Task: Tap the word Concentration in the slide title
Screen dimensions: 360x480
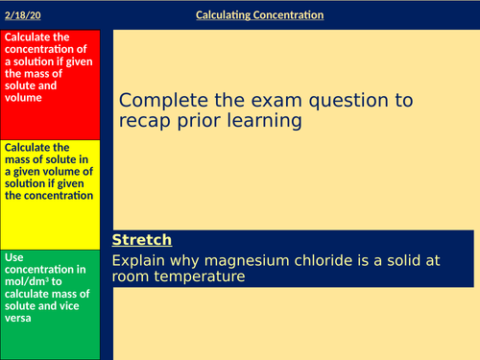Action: pyautogui.click(x=291, y=15)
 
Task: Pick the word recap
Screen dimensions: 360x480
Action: pyautogui.click(x=146, y=121)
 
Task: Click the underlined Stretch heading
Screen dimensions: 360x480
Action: pyautogui.click(x=142, y=240)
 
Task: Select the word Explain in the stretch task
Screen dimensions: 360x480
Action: pyautogui.click(x=138, y=260)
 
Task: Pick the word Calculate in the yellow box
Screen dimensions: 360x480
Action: pyautogui.click(x=29, y=148)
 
